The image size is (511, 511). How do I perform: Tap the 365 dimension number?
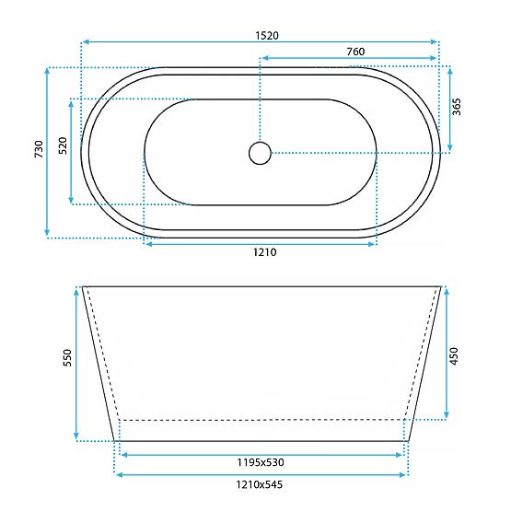coord(457,107)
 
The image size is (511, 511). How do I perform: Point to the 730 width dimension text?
coord(38,150)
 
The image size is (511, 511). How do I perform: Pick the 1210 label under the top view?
coord(261,253)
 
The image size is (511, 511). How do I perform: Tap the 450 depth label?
coord(454,354)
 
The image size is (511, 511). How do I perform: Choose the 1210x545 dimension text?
coord(261,485)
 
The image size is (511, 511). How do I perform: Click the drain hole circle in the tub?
coord(261,152)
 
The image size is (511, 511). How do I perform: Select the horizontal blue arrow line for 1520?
coord(184,42)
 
